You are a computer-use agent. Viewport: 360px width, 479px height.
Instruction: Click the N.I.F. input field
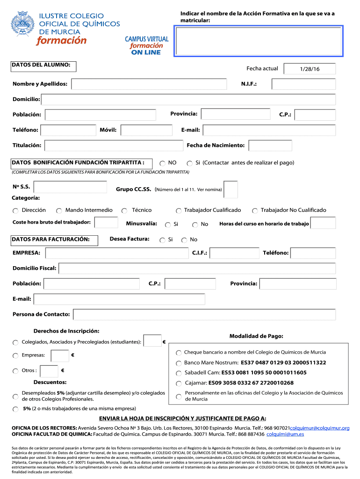tap(303, 84)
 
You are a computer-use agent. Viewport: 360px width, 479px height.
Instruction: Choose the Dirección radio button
tap(15, 211)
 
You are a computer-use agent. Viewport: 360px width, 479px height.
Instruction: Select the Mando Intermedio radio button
tap(59, 211)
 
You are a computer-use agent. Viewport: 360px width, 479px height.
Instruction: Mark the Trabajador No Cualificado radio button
tap(255, 211)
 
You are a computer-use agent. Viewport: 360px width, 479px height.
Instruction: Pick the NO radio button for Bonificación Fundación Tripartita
tap(162, 163)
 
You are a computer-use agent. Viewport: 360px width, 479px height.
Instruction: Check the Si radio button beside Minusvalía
tap(167, 225)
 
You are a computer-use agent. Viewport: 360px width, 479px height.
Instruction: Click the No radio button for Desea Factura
tap(184, 240)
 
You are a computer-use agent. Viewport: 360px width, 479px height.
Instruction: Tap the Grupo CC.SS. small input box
tap(230, 189)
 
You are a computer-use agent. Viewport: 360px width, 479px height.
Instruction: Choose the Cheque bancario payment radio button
tap(179, 353)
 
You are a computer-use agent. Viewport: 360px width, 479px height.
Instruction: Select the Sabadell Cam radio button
tap(179, 373)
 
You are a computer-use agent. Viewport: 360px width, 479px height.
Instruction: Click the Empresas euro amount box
tap(60, 356)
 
